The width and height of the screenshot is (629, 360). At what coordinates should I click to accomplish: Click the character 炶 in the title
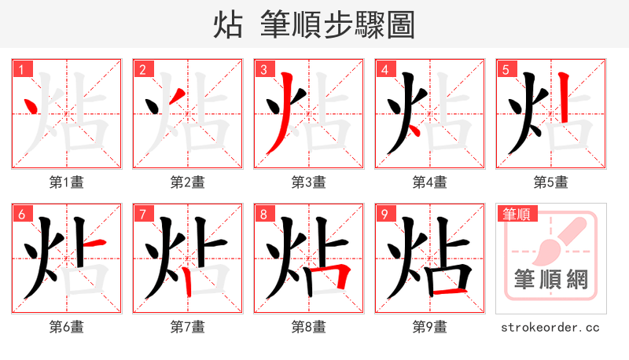(x=227, y=24)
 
